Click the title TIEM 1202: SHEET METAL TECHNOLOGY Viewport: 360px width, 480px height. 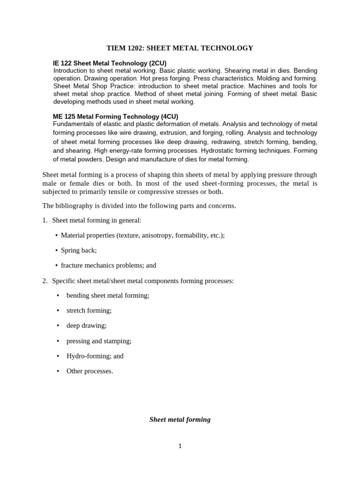pos(180,48)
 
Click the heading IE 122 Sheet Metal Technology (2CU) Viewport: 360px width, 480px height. pos(110,63)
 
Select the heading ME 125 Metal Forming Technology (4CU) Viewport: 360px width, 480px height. pos(115,116)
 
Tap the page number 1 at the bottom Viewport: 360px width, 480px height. pos(180,446)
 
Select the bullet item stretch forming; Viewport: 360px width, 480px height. pos(89,310)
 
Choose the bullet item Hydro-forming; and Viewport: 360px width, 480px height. pos(95,356)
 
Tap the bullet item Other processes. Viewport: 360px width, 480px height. pos(90,371)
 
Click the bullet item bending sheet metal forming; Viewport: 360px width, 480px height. pos(108,295)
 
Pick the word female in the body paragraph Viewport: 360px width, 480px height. pos(78,183)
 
